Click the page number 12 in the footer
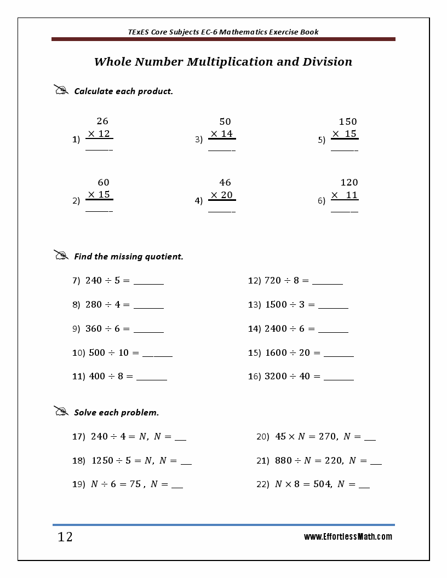point(65,537)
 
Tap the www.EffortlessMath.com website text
point(348,537)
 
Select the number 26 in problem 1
point(102,122)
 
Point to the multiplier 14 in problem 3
point(227,134)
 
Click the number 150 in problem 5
point(347,122)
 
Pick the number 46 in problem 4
point(225,182)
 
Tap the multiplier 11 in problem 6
point(352,195)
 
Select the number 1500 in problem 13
point(276,305)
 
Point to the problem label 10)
point(78,353)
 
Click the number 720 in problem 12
point(272,281)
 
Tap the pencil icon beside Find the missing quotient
point(61,255)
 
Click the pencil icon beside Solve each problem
point(61,411)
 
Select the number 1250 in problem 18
point(102,461)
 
